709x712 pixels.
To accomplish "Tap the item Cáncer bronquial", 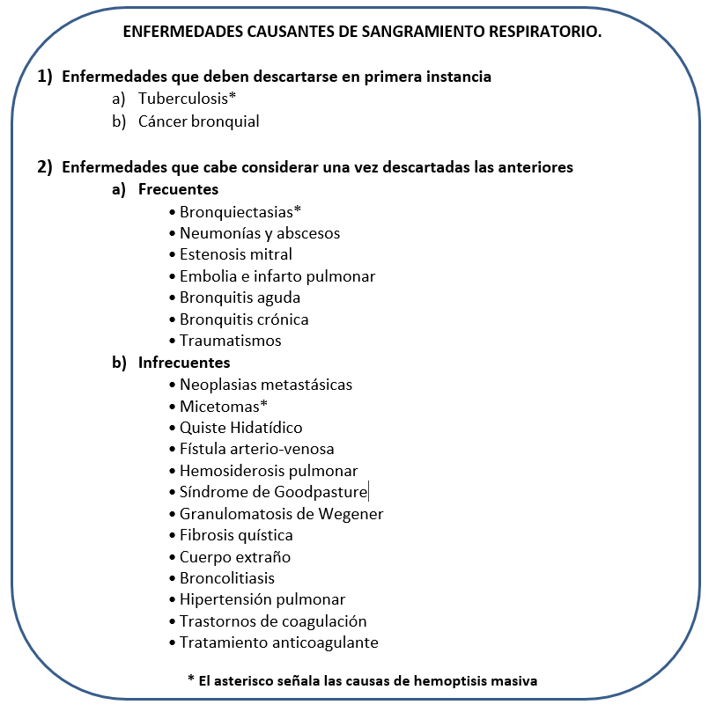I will pos(198,121).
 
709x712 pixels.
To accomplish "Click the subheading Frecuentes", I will pos(178,189).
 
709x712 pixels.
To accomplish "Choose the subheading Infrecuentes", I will pos(184,362).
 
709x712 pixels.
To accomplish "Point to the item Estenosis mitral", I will pos(235,254).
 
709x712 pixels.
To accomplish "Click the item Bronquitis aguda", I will pos(240,297).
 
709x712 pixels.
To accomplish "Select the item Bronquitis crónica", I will pos(244,319).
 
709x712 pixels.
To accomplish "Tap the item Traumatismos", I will pos(230,341).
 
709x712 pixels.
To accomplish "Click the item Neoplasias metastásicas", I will pos(265,385).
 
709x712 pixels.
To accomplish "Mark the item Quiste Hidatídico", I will pos(240,428).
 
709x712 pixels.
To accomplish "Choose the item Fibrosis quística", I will pos(236,535).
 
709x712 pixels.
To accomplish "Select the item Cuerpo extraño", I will pos(234,557).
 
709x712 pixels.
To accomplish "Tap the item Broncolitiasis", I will pos(227,578).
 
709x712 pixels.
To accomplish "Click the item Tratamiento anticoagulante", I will pos(278,642).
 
